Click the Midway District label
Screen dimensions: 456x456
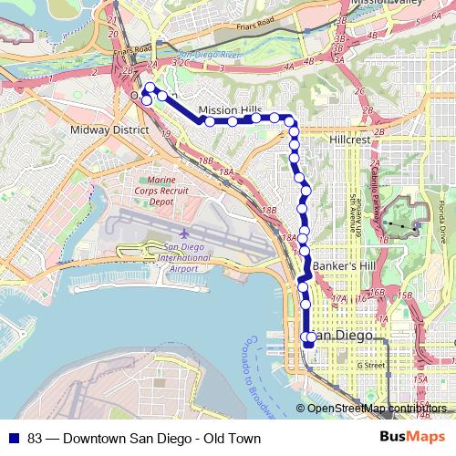[109, 130]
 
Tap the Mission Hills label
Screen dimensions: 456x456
[230, 109]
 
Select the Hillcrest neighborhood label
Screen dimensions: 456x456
[350, 140]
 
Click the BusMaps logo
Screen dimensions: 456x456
[413, 438]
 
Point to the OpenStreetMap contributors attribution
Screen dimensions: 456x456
[377, 409]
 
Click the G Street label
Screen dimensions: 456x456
[372, 365]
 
